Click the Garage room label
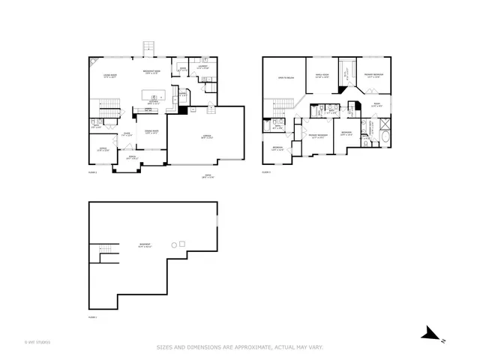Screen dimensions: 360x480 (x=206, y=136)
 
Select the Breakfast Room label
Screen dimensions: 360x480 (x=153, y=72)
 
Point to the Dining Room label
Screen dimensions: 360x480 (x=151, y=133)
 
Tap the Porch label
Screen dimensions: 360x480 (x=131, y=157)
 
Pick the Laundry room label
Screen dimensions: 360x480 (x=202, y=67)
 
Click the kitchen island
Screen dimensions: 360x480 (x=154, y=96)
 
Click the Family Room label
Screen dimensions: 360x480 (x=322, y=76)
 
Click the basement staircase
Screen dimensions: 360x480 (x=105, y=253)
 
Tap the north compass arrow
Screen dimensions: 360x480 (x=430, y=332)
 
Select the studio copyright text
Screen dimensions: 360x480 (x=37, y=343)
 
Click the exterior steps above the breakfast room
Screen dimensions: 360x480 (x=148, y=48)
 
